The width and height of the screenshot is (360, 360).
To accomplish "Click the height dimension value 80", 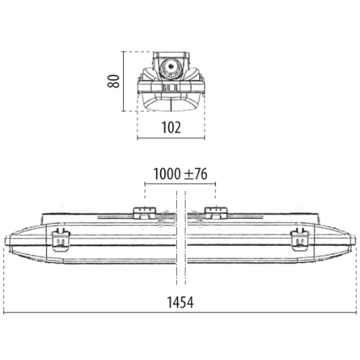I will coord(114,80).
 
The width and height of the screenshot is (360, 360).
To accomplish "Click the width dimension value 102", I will coord(171,127).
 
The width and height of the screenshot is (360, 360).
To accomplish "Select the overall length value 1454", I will coord(180,302).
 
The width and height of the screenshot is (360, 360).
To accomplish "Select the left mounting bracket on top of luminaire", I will coord(145,213).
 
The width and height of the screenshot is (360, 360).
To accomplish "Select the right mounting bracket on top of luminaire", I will coord(215,213).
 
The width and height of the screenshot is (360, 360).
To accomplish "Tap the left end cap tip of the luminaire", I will coord(7,241).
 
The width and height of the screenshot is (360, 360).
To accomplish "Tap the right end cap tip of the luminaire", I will coord(352,241).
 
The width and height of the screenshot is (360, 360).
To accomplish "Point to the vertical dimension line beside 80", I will coord(124,80).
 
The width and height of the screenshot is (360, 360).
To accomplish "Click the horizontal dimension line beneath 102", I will coord(171,138).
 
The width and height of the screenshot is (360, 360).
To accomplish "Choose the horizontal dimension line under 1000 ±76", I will coord(180,184).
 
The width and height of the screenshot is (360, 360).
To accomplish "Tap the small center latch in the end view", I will coord(168,88).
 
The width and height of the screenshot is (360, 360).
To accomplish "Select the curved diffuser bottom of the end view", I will coord(170,105).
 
